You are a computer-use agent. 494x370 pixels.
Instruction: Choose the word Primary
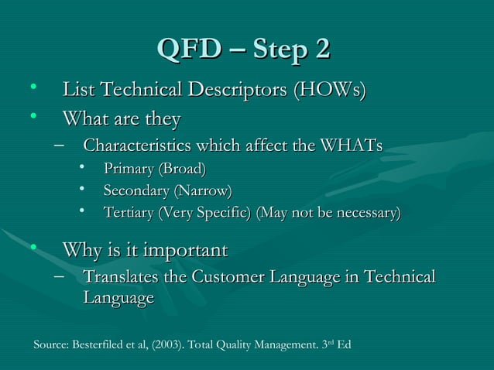pos(129,168)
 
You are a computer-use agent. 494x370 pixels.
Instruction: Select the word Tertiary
pos(129,211)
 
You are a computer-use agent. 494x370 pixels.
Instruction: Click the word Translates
pos(118,277)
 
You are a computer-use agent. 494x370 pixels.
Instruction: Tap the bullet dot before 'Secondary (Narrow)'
pos(82,189)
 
